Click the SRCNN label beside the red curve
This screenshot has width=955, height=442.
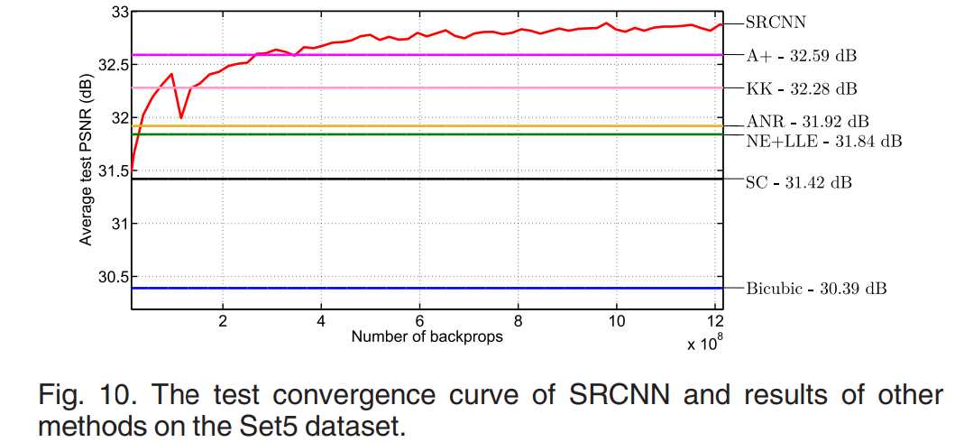click(775, 21)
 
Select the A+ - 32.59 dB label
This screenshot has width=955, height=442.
click(801, 55)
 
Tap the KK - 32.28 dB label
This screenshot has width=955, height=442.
click(802, 88)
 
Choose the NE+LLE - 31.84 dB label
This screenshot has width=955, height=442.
click(823, 141)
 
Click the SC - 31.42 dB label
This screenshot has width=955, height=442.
click(798, 182)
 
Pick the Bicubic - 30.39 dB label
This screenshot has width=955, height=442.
click(816, 289)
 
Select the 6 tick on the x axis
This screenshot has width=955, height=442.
click(419, 320)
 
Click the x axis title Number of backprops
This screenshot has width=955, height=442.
click(427, 337)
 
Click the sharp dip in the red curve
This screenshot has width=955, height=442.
click(181, 117)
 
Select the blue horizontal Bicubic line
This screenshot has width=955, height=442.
click(433, 288)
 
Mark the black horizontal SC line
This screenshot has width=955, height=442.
click(433, 179)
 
